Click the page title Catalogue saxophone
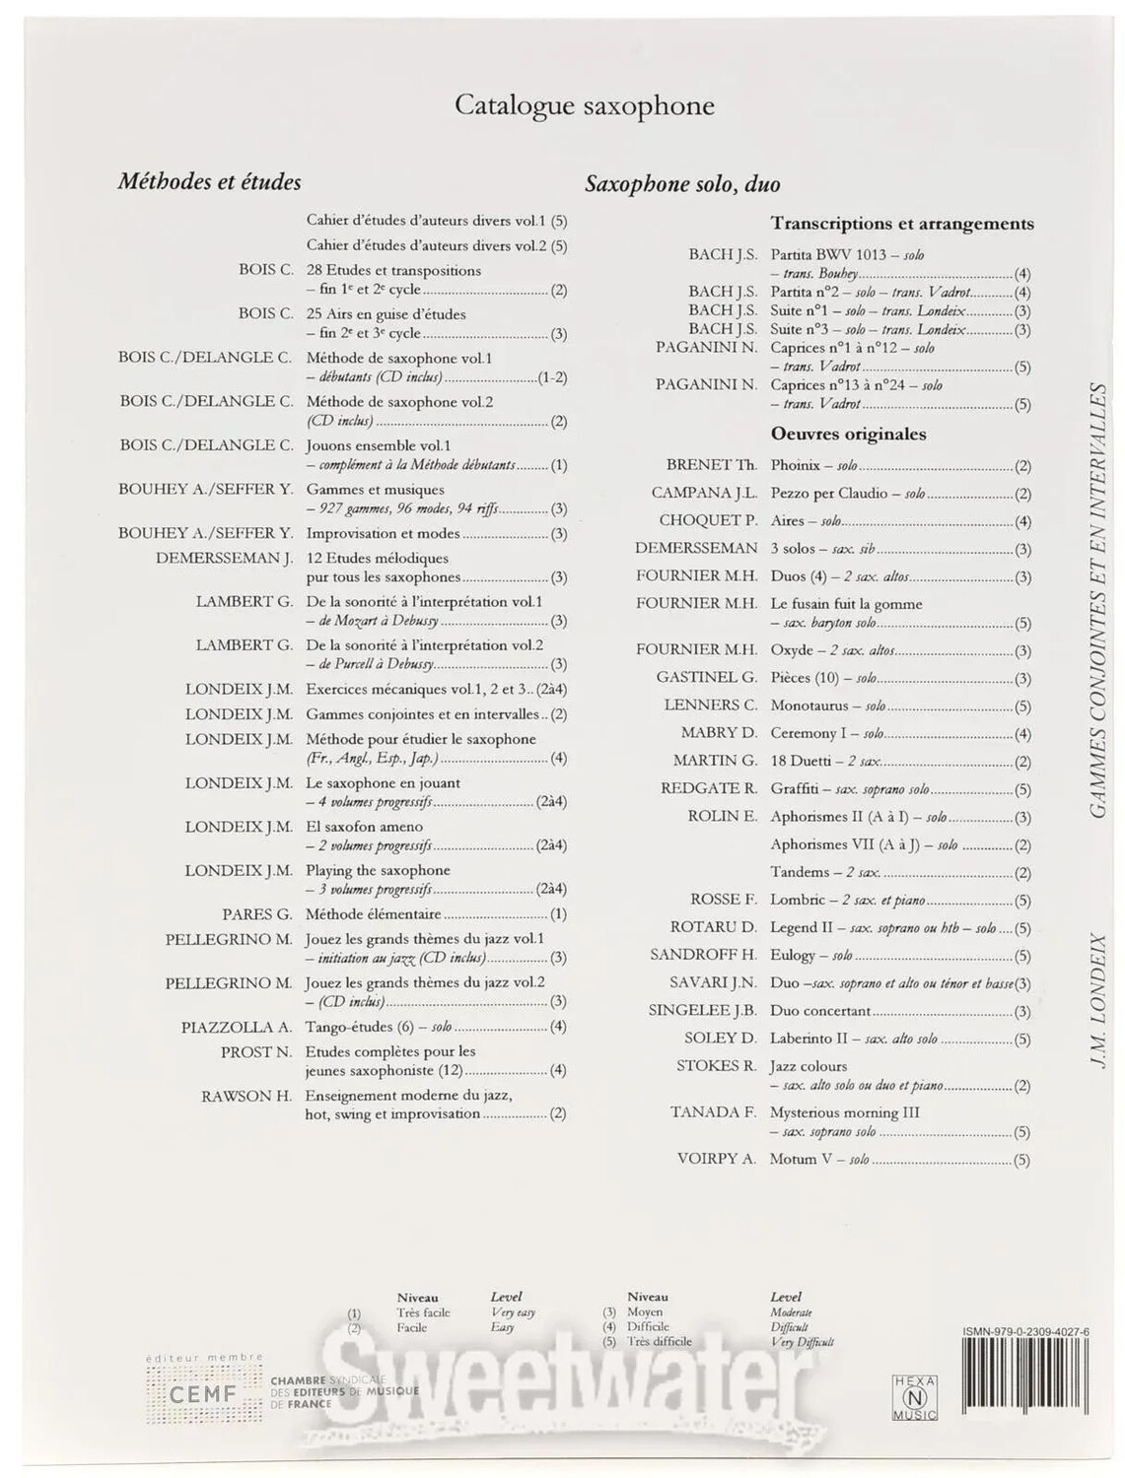(x=584, y=106)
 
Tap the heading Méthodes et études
(x=209, y=181)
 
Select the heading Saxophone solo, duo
(x=682, y=184)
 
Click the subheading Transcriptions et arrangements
(x=901, y=224)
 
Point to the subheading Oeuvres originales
(x=848, y=434)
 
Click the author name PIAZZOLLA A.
(x=236, y=1027)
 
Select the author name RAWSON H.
(x=246, y=1095)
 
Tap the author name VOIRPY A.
(x=716, y=1159)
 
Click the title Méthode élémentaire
(x=373, y=914)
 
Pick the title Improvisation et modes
(x=383, y=533)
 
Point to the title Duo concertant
(x=819, y=1011)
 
